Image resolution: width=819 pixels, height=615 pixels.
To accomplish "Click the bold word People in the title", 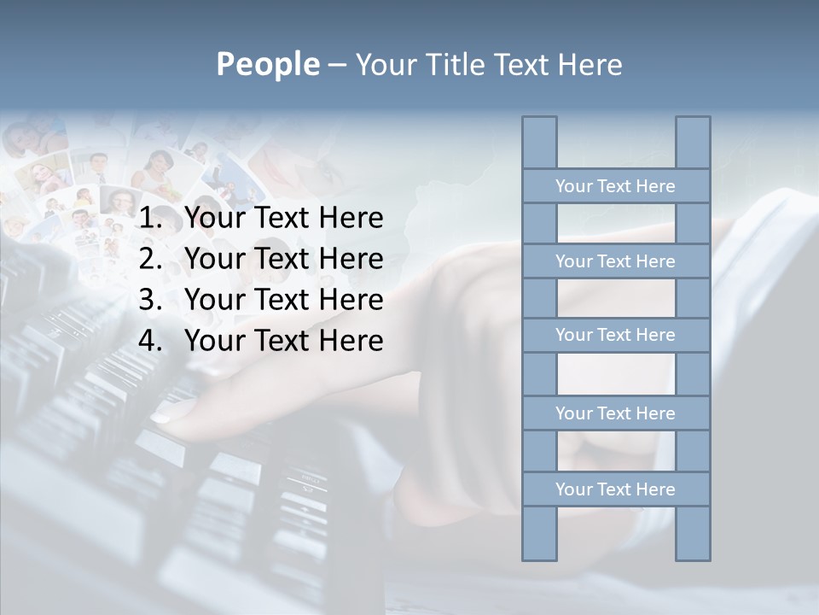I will (267, 64).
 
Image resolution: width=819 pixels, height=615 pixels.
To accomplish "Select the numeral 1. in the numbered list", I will (150, 219).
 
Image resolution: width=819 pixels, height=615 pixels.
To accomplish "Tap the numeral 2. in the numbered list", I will (150, 259).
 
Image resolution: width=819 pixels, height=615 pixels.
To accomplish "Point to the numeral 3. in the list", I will (150, 300).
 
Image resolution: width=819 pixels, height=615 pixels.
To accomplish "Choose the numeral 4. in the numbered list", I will (150, 341).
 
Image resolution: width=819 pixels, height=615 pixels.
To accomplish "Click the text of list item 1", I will (283, 219).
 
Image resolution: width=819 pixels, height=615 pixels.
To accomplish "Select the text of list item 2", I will (283, 259).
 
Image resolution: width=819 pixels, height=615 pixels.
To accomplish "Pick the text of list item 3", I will (283, 300).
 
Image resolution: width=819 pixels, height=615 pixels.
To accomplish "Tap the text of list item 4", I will (283, 341).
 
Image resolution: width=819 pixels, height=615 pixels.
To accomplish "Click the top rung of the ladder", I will (615, 186).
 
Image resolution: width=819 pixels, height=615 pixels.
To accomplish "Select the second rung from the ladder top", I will (615, 261).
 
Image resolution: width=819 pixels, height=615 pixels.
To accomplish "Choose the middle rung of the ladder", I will (615, 335).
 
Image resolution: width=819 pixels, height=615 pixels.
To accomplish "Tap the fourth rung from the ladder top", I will (615, 413).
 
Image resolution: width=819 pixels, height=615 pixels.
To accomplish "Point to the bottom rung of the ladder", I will (615, 489).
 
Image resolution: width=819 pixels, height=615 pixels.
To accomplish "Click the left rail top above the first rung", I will (539, 143).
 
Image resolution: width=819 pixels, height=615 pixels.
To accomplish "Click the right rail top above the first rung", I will (693, 143).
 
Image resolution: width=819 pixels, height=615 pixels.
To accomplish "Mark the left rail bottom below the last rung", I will (539, 533).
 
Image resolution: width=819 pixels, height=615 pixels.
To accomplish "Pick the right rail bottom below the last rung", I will (693, 533).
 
